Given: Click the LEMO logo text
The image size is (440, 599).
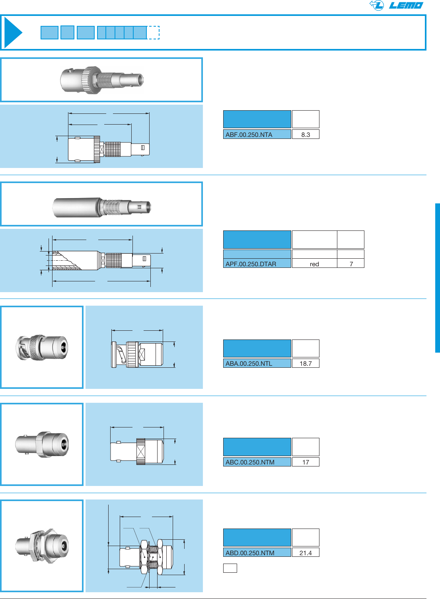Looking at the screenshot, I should [x=406, y=5].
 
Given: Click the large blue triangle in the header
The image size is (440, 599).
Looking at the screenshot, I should [x=12, y=33].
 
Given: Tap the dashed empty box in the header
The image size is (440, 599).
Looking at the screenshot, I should [x=153, y=33].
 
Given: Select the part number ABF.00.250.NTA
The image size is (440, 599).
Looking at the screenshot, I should [x=249, y=135].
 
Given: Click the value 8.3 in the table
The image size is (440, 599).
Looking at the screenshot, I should [x=306, y=135].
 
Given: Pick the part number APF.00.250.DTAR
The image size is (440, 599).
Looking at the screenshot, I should [x=251, y=264].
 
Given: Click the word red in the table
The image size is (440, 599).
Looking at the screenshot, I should [x=314, y=264].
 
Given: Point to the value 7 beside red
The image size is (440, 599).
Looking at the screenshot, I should [x=351, y=264].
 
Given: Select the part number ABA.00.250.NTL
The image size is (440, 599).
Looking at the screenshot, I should [x=249, y=363].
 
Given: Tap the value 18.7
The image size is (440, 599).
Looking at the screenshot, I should [x=306, y=363].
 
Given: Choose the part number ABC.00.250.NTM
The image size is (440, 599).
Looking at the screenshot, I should [x=250, y=462].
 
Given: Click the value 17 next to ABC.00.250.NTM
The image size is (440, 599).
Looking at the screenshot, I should [x=306, y=462].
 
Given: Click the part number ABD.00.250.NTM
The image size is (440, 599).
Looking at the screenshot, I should [x=250, y=553].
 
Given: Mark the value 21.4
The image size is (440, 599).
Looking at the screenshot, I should [x=306, y=553].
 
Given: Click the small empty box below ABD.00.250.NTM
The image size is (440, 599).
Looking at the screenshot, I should [x=230, y=568].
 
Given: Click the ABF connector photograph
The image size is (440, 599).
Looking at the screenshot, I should [x=101, y=80].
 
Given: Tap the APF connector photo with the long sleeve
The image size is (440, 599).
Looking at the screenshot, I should [x=101, y=207].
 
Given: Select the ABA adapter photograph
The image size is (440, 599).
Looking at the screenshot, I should [x=42, y=347].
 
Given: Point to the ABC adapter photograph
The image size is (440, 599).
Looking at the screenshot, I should [x=42, y=444].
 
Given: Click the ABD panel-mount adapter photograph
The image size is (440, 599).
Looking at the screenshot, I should [x=42, y=545].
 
